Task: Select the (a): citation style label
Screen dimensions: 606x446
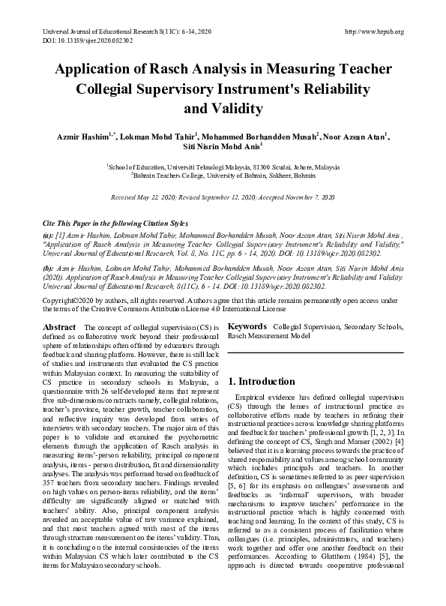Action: click(49, 235)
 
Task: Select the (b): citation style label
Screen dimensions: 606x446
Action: click(49, 268)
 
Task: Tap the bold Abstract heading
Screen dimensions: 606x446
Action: click(59, 327)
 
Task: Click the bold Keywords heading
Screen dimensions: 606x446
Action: click(247, 327)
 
